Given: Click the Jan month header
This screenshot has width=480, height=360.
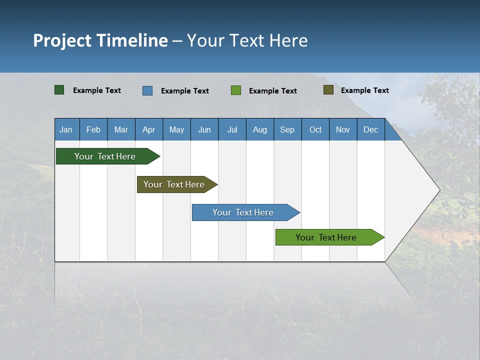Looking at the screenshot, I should click(66, 130).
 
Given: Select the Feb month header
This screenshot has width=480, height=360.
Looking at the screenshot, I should click(93, 130).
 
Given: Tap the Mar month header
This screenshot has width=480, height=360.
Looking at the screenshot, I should click(121, 130).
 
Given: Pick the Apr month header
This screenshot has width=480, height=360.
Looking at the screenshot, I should click(148, 130).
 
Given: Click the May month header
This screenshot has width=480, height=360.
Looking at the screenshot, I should click(176, 130).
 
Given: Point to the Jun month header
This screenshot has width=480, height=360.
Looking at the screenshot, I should click(204, 130).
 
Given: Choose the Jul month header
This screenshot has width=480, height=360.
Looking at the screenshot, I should click(232, 130).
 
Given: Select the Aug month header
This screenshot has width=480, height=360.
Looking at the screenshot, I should click(259, 130).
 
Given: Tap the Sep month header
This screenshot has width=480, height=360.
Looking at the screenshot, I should click(287, 130).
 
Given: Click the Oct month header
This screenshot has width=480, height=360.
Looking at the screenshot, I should click(315, 130).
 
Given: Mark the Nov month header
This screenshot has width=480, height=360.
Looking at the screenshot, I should click(342, 130).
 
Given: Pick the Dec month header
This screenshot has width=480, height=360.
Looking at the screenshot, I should click(370, 130).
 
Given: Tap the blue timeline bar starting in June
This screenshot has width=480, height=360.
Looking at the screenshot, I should click(243, 212).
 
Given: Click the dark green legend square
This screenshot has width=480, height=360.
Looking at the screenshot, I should click(59, 90).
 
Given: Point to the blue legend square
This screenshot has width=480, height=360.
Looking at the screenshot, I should click(147, 90).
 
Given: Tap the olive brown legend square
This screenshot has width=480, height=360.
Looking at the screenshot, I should click(328, 90).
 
